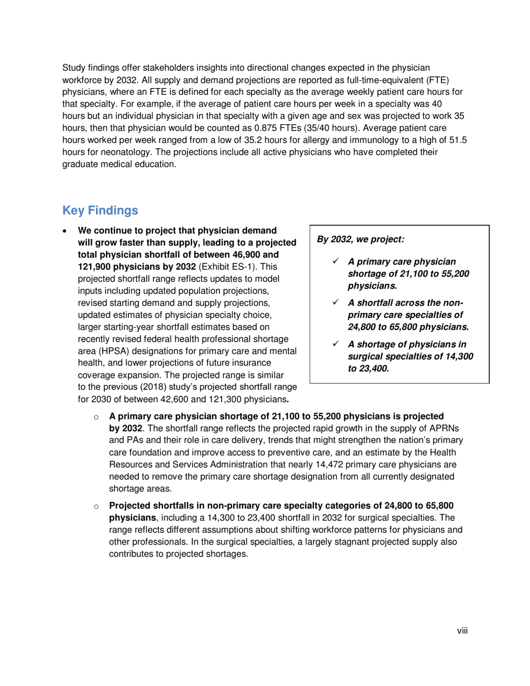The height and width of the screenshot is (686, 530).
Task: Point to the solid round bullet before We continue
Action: [67, 230]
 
